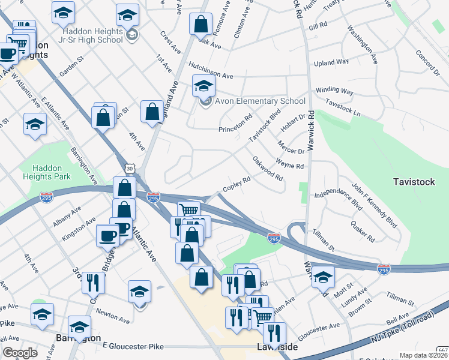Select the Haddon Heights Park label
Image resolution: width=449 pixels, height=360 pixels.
46,172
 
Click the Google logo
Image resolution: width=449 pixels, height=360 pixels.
20,352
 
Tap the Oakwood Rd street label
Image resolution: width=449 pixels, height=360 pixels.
268,169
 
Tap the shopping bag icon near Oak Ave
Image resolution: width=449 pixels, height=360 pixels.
200,24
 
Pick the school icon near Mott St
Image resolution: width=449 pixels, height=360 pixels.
323,277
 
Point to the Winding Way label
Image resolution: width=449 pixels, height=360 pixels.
334,91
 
